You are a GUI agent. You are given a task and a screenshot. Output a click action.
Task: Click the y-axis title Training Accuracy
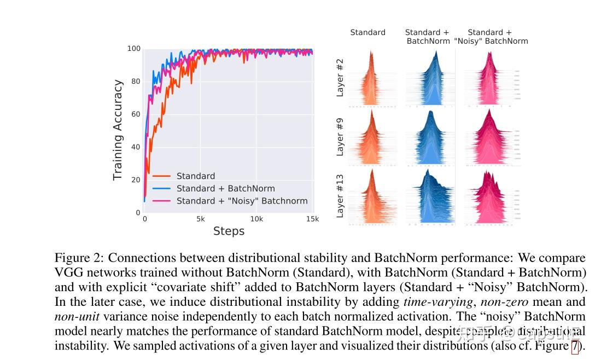point(118,130)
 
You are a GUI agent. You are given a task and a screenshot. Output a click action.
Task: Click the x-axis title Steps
point(229,231)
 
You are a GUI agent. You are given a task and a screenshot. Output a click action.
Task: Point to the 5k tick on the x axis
point(201,219)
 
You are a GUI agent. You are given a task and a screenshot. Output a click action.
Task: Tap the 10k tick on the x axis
point(256,219)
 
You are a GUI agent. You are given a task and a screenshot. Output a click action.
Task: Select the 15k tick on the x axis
point(312,219)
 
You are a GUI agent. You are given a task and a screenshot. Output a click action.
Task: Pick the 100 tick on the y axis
point(134,49)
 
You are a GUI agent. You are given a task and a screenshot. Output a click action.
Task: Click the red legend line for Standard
point(161,176)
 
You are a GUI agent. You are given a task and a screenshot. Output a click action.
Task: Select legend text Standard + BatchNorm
point(225,189)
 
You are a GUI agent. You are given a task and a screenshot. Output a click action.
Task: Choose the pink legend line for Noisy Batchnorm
point(161,201)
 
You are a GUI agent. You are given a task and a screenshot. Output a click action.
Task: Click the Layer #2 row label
point(340,78)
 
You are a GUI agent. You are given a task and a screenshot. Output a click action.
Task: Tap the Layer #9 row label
point(340,137)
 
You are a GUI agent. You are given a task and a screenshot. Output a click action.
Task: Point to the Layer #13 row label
point(340,198)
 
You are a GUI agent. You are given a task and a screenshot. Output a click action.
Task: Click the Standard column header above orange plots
point(367,33)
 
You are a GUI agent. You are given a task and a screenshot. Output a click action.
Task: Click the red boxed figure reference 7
point(575,346)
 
